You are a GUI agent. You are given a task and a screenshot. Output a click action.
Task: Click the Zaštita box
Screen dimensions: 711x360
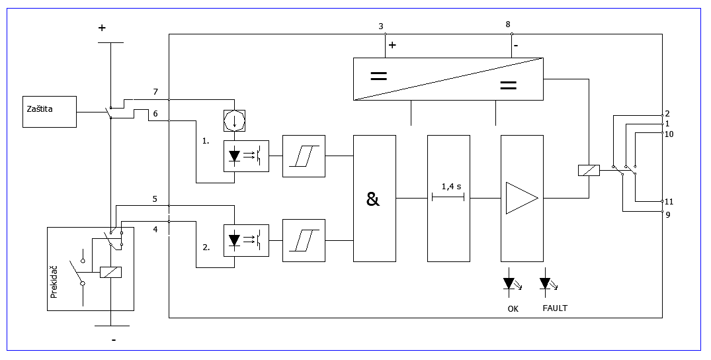tap(50, 112)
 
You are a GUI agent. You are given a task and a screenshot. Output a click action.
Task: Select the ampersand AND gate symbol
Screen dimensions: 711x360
tap(373, 199)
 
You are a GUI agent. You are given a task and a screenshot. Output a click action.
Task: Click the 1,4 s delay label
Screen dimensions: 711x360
tap(451, 186)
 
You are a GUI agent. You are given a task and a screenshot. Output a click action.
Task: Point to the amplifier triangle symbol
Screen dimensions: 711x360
tap(522, 198)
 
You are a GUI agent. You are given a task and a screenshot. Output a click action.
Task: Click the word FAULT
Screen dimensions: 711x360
tap(555, 308)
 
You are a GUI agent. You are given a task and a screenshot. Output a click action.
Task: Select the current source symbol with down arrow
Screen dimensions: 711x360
tap(234, 120)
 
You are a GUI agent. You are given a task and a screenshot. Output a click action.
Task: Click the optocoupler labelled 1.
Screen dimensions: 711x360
tap(246, 156)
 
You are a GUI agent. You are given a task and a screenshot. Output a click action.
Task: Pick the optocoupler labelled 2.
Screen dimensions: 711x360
tap(246, 241)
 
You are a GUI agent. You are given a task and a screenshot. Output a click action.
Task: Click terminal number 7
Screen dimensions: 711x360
tap(155, 92)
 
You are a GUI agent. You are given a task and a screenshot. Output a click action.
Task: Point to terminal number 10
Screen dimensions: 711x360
tap(669, 134)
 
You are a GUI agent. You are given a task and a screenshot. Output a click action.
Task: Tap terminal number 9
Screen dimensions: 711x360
tap(668, 215)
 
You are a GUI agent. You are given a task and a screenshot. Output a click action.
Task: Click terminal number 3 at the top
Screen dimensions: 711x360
tap(381, 26)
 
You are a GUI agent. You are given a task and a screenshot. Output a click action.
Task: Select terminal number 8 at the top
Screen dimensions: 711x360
tap(508, 24)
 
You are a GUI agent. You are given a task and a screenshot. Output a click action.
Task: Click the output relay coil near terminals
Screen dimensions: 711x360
tap(589, 170)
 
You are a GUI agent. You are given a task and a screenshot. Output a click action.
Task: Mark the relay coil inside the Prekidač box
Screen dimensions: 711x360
tap(110, 272)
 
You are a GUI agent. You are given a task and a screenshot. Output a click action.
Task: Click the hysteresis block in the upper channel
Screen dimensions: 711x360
tap(304, 156)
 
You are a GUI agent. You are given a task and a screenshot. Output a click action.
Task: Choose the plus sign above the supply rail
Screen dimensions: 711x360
tap(102, 28)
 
